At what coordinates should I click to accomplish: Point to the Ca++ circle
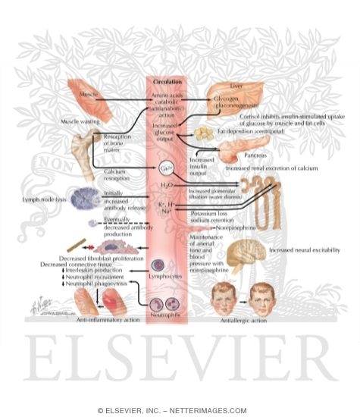168,168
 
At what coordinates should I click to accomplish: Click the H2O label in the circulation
167,185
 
